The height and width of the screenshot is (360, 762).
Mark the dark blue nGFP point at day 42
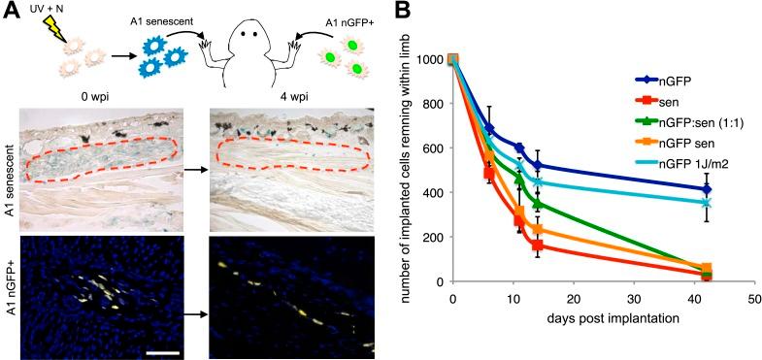pos(706,189)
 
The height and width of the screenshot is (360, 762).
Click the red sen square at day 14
pos(537,245)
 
